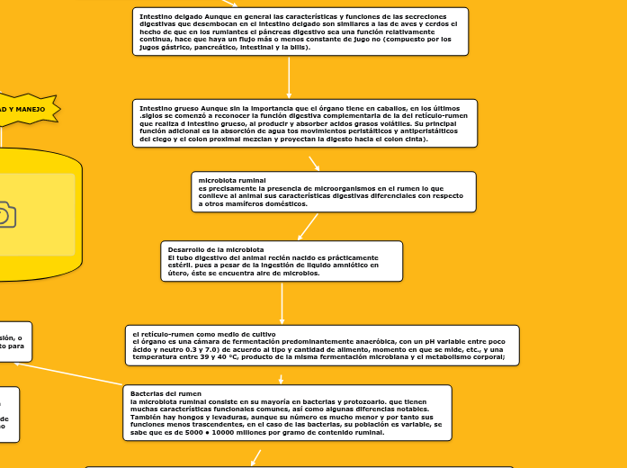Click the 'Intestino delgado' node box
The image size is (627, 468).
pyautogui.click(x=300, y=31)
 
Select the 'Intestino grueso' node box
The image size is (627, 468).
pyautogui.click(x=304, y=122)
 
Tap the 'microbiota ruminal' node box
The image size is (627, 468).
pyautogui.click(x=334, y=192)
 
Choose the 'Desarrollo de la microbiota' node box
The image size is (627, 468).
pyautogui.click(x=282, y=261)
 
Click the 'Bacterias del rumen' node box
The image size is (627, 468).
pyautogui.click(x=287, y=413)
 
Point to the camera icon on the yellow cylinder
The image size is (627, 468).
pyautogui.click(x=4, y=214)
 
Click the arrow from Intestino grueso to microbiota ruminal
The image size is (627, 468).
pyautogui.click(x=314, y=163)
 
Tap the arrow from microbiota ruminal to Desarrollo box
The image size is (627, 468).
pyautogui.click(x=308, y=224)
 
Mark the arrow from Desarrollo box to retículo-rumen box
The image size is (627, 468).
pyautogui.click(x=282, y=303)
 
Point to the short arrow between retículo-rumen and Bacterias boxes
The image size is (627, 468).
pyautogui.click(x=282, y=379)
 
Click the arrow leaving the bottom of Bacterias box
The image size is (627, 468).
pyautogui.click(x=255, y=456)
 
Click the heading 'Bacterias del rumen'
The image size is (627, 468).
pyautogui.click(x=161, y=393)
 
